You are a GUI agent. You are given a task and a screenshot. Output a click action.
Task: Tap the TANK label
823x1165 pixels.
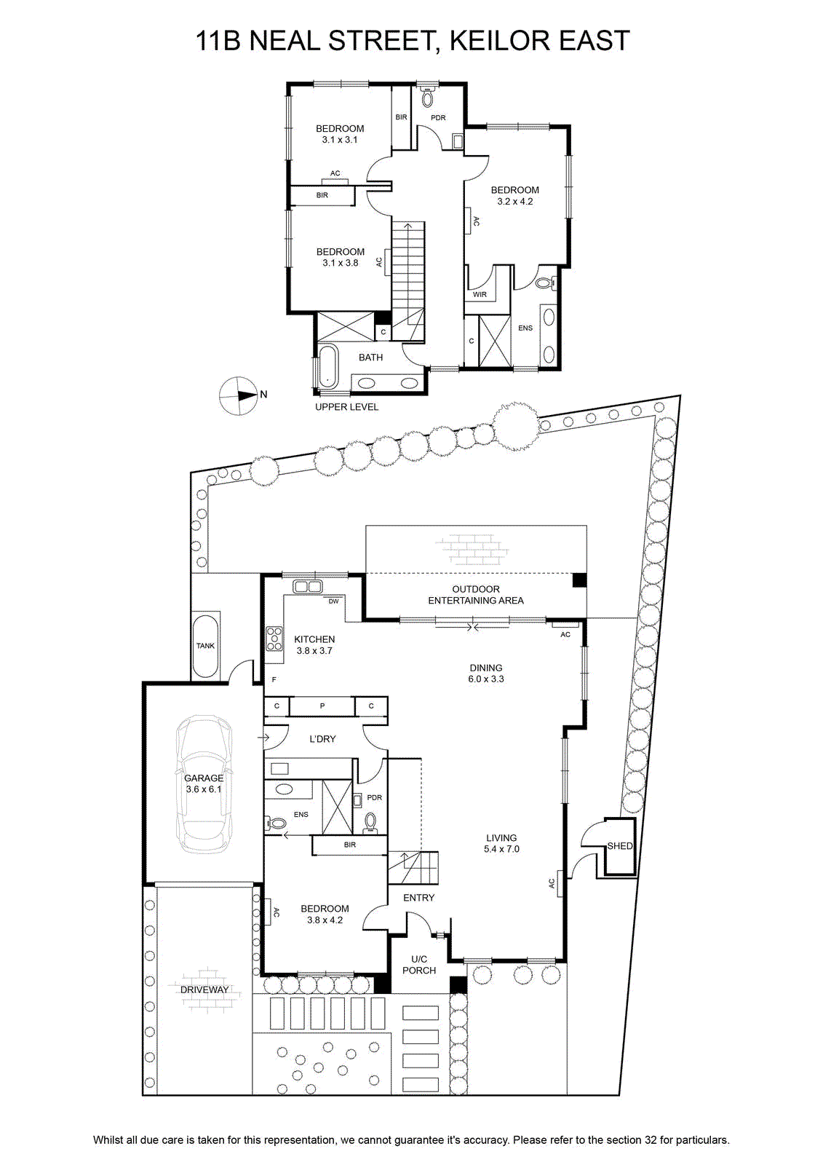click(205, 645)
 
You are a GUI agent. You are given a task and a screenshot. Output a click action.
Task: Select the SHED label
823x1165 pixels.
click(620, 846)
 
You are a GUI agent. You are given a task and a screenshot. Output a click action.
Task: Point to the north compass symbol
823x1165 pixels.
click(238, 395)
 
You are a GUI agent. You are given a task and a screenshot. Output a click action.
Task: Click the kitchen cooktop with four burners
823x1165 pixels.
click(274, 639)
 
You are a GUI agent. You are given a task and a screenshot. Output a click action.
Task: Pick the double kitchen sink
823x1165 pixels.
click(308, 587)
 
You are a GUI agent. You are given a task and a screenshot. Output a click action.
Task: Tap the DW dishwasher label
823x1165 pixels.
click(333, 601)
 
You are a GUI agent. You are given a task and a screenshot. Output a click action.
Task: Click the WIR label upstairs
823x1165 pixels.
click(480, 294)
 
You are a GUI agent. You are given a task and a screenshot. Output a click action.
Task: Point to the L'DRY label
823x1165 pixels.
click(322, 738)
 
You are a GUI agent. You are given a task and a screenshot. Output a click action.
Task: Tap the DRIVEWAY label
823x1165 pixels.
click(204, 990)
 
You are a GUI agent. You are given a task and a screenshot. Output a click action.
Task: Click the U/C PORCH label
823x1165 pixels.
click(419, 965)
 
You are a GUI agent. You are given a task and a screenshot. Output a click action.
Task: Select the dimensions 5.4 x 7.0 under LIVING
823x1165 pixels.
click(501, 849)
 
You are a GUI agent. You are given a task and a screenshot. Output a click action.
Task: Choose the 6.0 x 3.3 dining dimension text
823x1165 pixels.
click(486, 679)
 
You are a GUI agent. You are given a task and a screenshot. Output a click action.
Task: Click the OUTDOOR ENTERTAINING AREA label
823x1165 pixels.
click(476, 594)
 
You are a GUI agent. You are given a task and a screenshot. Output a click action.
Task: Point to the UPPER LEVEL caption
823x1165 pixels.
click(347, 407)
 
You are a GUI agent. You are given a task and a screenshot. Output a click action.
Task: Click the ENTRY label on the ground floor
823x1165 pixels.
click(418, 898)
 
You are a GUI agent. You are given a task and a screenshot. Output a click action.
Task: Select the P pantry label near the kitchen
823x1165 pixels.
click(322, 706)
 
